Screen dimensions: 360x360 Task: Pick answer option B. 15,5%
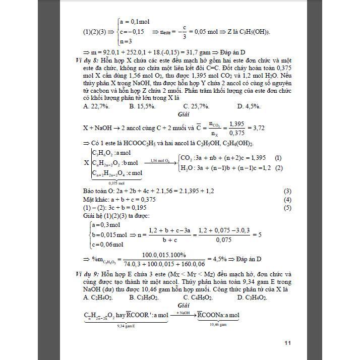[x=142, y=106]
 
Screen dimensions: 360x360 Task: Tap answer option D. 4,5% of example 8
[x=249, y=106]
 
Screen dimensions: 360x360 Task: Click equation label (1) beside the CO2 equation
[x=278, y=158]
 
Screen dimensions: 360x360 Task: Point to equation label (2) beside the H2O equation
[x=278, y=168]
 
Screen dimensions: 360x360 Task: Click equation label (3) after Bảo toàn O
[x=287, y=191]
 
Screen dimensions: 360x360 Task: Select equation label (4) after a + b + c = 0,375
[x=287, y=199]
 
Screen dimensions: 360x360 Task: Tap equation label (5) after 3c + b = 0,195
[x=287, y=207]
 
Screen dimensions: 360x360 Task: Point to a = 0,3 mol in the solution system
[x=106, y=225]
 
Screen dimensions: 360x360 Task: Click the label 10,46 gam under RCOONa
[x=218, y=324]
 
